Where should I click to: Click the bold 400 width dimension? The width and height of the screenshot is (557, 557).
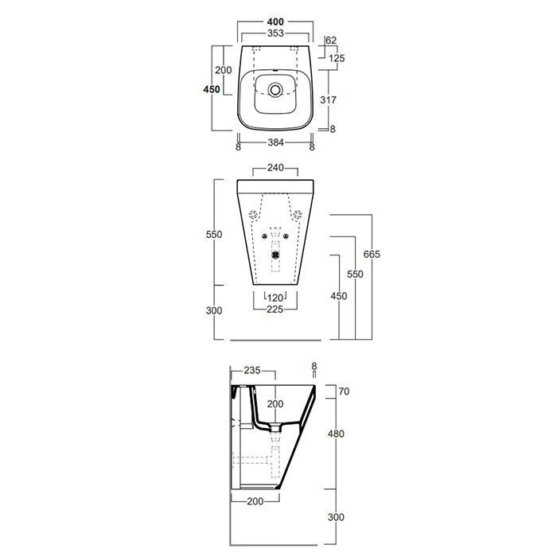275,21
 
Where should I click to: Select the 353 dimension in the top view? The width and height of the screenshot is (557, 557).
275,33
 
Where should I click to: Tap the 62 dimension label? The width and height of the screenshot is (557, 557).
331,40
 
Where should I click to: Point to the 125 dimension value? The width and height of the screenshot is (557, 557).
337,58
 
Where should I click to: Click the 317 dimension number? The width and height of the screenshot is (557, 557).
328,100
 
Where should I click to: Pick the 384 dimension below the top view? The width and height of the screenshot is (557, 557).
275,142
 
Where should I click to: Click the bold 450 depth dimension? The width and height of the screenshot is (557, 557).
212,89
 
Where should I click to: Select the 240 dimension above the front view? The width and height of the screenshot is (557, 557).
275,168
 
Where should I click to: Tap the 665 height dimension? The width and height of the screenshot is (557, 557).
372,255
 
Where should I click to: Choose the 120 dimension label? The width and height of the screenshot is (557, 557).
275,298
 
